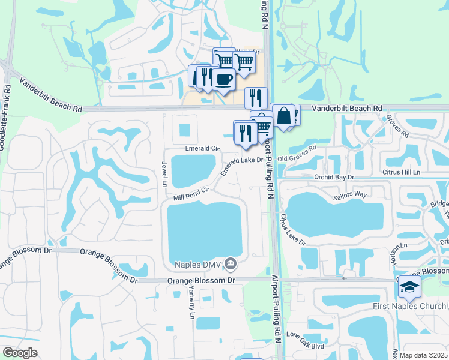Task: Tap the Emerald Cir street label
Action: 202,148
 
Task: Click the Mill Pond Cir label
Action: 191,193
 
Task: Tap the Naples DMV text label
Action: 196,264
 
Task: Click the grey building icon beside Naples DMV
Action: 231,263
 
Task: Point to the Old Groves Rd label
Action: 297,154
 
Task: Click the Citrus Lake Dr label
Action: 293,229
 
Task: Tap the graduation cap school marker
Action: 409,287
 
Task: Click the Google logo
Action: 20,353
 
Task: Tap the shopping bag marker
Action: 285,116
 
